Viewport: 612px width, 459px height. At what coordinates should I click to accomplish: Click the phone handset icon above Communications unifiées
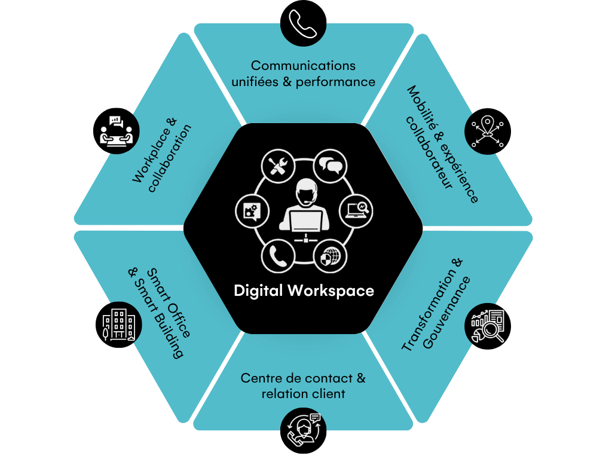click(x=304, y=23)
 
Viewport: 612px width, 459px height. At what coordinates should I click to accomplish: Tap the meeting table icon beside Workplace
click(x=117, y=130)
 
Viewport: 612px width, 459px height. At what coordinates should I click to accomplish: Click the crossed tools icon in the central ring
click(x=278, y=166)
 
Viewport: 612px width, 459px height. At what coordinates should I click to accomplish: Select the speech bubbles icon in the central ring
click(x=330, y=166)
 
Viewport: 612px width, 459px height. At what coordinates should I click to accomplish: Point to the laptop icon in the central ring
click(x=357, y=210)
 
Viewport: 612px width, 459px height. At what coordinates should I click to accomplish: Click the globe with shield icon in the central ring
click(x=331, y=256)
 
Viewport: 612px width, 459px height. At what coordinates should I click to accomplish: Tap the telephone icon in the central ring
click(x=278, y=256)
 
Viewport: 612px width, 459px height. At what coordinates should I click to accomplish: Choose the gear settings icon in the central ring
click(x=252, y=210)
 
